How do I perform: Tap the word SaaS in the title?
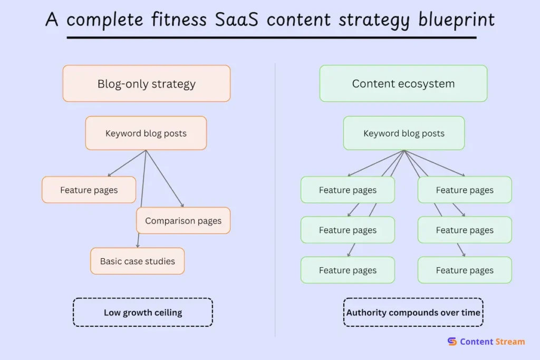(x=237, y=20)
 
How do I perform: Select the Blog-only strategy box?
(x=147, y=84)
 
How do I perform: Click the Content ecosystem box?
(x=403, y=84)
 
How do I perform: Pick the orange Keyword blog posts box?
(x=146, y=133)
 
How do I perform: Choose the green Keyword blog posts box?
(x=404, y=133)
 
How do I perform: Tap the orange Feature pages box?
(x=89, y=190)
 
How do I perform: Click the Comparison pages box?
(x=183, y=221)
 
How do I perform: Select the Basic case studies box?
(x=137, y=261)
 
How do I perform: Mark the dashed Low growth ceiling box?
(x=142, y=313)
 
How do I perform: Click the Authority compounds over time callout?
(x=413, y=313)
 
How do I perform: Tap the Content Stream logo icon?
(x=452, y=342)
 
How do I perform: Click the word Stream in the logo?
(x=509, y=342)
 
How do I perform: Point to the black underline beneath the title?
(x=271, y=37)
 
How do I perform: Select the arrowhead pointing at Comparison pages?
(x=182, y=206)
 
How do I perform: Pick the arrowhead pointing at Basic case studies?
(x=138, y=246)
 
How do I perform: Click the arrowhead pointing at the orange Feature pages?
(x=109, y=175)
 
